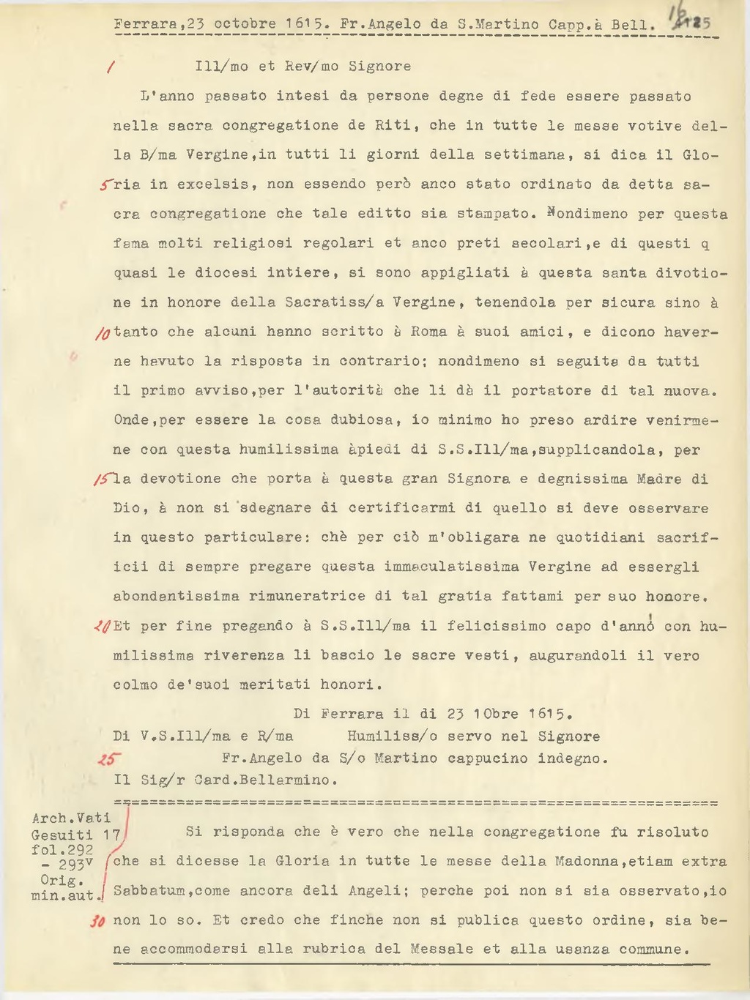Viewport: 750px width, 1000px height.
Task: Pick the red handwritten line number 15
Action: [103, 480]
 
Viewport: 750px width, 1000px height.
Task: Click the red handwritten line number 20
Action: [102, 627]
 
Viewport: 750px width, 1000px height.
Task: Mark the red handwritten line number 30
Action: [97, 922]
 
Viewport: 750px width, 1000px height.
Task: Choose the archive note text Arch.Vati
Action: [71, 818]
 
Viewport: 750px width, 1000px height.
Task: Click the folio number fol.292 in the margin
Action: [62, 850]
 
